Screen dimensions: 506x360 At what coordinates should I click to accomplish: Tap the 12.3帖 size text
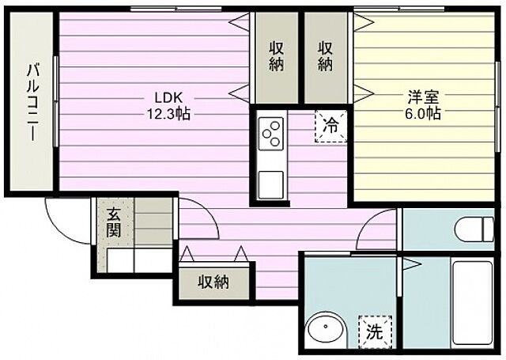pos(168,114)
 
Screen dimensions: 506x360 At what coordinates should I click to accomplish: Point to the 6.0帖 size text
pos(423,113)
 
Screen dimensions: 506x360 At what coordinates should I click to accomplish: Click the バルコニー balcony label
pos(32,102)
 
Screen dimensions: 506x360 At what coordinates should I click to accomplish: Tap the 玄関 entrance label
pos(114,223)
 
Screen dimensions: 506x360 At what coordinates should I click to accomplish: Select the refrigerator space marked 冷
pos(331,126)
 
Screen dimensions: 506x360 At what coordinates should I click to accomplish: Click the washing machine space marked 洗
pos(375,332)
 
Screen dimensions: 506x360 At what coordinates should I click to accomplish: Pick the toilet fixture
pos(474,229)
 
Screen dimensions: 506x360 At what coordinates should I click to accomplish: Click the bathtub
pos(472,303)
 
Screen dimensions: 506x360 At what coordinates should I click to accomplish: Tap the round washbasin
pos(326,330)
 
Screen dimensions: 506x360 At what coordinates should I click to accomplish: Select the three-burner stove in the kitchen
pos(271,134)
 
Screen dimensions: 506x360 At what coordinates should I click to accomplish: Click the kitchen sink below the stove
pos(270,185)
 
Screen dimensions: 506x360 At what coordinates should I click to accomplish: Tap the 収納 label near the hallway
pos(213,282)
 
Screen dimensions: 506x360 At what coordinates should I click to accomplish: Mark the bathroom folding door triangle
pos(412,265)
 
